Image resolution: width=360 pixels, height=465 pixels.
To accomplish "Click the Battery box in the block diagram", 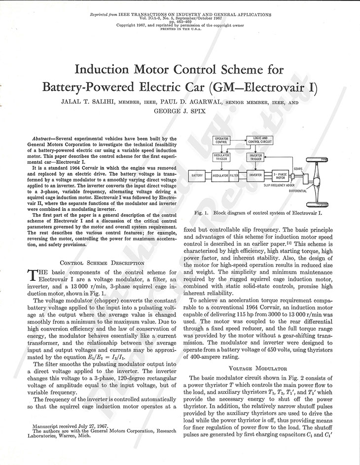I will [198, 175].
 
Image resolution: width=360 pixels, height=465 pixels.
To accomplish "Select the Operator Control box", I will [224, 140].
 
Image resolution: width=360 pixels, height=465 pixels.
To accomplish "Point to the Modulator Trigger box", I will [221, 157].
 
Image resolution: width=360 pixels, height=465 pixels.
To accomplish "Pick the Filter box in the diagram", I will [234, 175].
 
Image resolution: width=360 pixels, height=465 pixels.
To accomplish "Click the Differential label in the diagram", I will [298, 191].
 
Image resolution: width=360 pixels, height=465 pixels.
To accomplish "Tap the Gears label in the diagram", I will [298, 168].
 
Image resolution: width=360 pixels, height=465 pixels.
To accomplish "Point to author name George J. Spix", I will [180, 112].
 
